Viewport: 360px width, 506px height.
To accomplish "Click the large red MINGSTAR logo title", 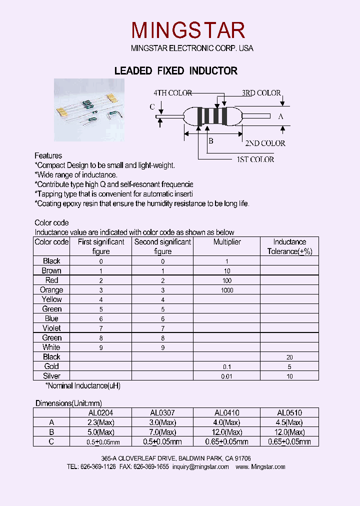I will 188,30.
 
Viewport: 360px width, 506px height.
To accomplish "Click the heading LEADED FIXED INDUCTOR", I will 176,71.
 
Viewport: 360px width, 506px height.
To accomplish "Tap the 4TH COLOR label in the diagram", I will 172,93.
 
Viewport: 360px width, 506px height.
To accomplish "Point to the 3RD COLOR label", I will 261,93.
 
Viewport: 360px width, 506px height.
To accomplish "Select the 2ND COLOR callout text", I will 265,143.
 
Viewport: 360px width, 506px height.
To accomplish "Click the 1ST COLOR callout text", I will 255,159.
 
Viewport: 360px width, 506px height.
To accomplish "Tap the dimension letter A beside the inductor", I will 280,116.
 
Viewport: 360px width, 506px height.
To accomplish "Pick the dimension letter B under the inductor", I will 210,141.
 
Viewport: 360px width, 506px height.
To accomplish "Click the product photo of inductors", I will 89,110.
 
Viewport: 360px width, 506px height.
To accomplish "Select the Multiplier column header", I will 226,242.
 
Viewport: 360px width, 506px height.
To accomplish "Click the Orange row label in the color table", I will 51,290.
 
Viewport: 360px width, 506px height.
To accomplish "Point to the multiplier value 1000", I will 226,290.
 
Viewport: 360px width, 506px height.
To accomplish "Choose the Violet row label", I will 51,328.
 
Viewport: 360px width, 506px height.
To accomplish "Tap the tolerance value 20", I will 289,357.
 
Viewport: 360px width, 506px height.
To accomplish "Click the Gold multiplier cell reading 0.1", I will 226,367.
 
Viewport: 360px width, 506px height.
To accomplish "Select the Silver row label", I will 51,376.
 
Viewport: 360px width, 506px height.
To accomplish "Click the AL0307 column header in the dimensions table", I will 162,413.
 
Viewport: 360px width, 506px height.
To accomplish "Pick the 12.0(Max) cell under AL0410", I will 226,432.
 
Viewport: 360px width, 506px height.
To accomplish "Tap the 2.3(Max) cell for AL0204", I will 100,422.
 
